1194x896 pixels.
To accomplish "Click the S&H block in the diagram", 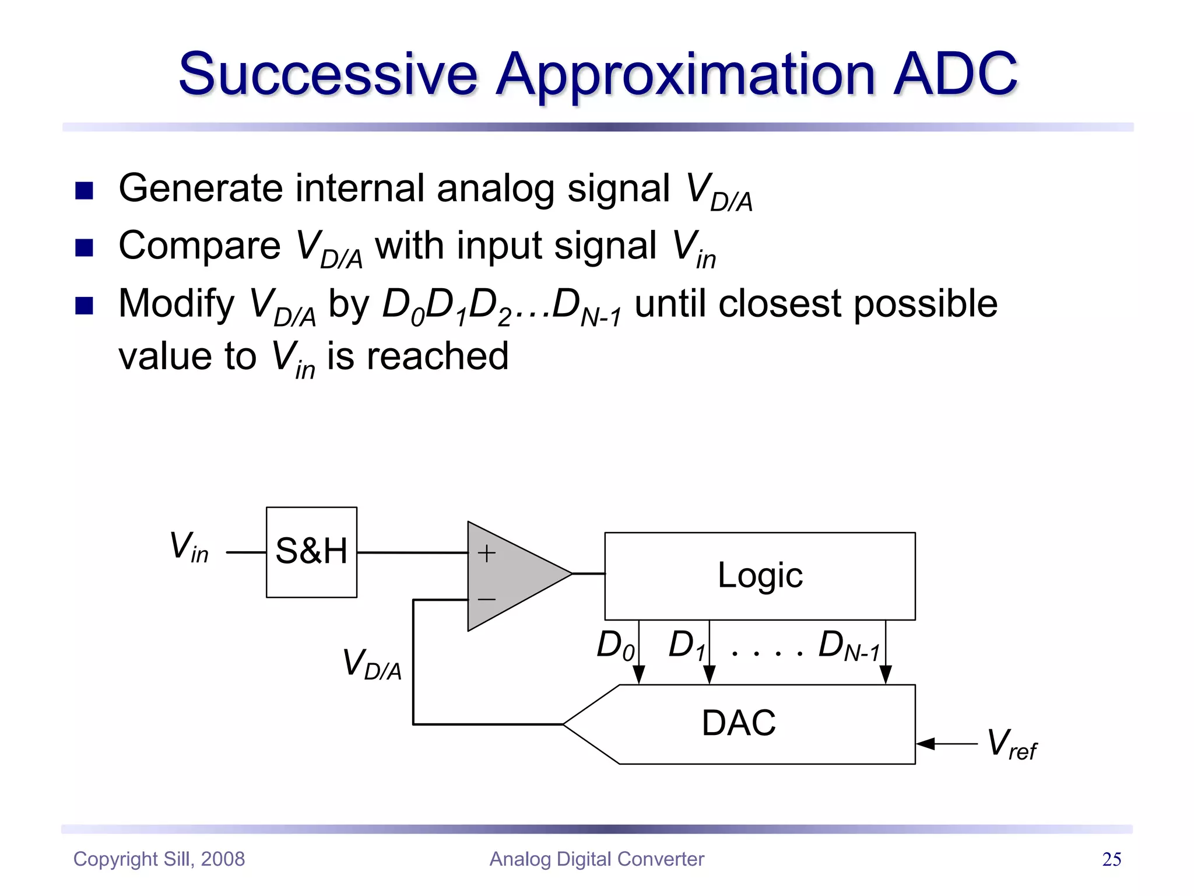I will tap(311, 552).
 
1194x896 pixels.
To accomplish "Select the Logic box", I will tap(760, 576).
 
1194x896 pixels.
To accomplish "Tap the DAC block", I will tap(739, 723).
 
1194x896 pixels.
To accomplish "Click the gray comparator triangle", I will tap(513, 575).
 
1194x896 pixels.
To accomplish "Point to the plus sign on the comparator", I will tap(486, 553).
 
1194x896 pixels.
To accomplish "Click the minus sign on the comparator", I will tap(486, 599).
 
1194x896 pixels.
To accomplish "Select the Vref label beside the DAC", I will tap(1011, 744).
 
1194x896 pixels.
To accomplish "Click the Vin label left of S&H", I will tap(188, 548).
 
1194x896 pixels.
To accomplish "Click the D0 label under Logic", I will tap(614, 646).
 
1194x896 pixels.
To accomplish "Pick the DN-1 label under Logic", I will tap(848, 646).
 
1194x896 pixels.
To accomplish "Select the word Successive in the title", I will tap(328, 74).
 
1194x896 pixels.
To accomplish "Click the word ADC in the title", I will tap(955, 74).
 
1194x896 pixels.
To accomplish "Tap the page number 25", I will tap(1111, 859).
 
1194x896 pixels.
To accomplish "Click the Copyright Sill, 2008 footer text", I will tap(159, 859).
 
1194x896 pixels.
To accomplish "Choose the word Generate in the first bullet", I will tap(200, 189).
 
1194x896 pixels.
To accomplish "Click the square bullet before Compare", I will tap(85, 248).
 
